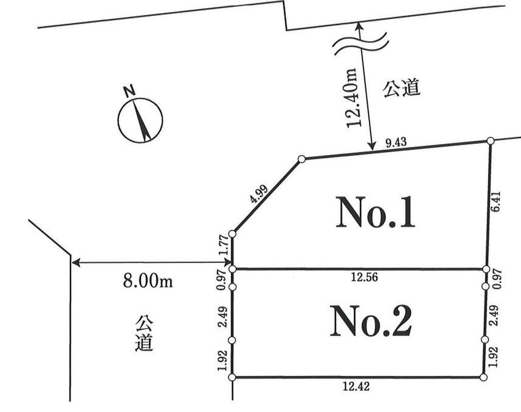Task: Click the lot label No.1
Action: tap(375, 212)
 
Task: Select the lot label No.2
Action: tap(371, 321)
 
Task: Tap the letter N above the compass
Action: tap(129, 91)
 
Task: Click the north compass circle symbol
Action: tap(140, 120)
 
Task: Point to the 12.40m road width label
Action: tap(352, 97)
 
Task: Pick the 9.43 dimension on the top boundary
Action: tap(396, 143)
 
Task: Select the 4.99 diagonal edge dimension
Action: tap(259, 194)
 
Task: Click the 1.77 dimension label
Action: tap(224, 245)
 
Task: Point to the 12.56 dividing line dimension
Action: tap(365, 277)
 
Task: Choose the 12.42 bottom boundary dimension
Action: tap(356, 386)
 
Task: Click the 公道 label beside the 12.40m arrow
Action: tap(402, 88)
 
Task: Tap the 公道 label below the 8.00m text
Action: tap(145, 334)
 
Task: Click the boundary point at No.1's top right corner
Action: tap(491, 141)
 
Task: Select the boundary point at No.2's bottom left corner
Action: tap(232, 377)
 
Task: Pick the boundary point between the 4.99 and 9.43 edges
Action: tap(302, 159)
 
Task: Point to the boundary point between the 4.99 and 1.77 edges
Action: tap(232, 234)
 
